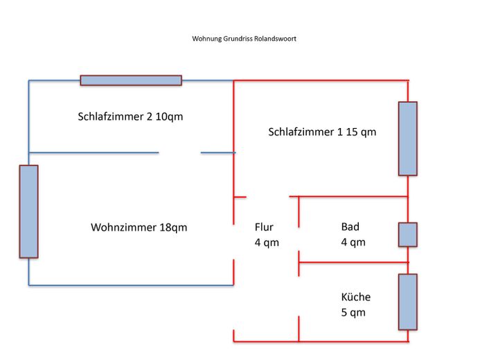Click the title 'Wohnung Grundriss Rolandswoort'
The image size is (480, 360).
(244, 39)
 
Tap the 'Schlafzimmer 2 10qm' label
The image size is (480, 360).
(130, 116)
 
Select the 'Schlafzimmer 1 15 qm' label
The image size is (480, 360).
(322, 132)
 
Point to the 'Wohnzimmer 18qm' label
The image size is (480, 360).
(139, 227)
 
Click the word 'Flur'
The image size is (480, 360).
(264, 227)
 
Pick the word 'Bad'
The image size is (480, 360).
(350, 226)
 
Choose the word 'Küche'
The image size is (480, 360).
(355, 297)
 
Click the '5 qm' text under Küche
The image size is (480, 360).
(353, 312)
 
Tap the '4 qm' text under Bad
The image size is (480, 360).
(353, 242)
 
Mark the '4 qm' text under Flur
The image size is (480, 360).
(267, 242)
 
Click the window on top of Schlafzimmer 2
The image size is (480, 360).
(131, 80)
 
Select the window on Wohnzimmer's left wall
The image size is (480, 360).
(28, 211)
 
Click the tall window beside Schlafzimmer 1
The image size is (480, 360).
(407, 138)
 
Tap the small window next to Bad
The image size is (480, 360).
(407, 235)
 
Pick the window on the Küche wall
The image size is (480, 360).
(407, 302)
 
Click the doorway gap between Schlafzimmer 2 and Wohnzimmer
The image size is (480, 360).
(180, 152)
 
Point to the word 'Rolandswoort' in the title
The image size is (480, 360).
(277, 39)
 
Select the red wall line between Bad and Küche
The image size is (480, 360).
(353, 262)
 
